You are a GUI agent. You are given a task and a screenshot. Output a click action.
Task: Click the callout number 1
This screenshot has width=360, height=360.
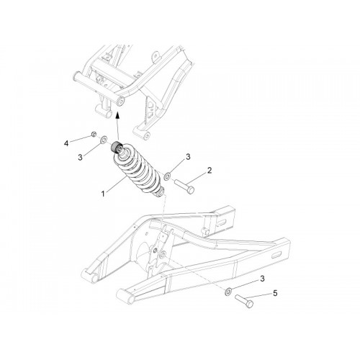103,194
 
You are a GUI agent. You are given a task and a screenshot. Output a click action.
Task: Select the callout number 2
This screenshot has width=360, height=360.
210,171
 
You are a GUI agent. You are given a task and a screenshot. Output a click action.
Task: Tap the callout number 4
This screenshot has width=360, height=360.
66,143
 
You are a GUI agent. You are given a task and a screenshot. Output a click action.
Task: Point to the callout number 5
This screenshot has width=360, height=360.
275,293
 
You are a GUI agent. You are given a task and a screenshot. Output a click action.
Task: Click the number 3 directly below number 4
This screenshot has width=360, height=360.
81,158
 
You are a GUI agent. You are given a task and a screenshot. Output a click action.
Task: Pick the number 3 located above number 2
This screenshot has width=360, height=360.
188,157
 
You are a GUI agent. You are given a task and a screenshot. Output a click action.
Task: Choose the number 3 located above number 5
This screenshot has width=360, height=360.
262,279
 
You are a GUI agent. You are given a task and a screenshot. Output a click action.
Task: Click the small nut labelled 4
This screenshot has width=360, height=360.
94,134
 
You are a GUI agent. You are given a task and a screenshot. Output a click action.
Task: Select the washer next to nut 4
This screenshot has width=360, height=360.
104,140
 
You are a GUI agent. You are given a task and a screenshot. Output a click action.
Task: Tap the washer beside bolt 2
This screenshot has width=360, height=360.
167,176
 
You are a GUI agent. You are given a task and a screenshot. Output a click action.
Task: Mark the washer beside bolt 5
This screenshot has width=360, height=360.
228,291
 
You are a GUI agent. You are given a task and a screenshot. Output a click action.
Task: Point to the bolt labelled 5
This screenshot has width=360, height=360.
244,301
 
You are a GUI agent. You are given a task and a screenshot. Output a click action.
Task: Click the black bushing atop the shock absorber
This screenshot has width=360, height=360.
116,147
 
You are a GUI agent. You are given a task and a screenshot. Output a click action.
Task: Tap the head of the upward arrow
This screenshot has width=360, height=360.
117,115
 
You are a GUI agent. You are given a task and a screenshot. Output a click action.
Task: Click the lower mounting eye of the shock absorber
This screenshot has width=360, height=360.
161,192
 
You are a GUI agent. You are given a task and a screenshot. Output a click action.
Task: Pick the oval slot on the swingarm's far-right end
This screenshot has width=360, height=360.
277,256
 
